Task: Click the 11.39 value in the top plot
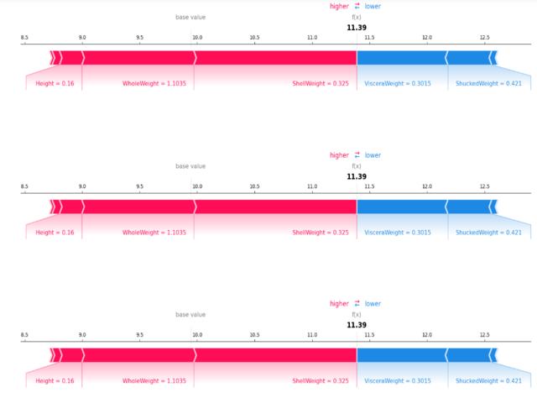coord(357,28)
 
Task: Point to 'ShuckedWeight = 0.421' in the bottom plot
coord(488,381)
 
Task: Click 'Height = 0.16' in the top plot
coord(55,84)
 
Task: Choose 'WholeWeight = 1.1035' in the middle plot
coord(154,233)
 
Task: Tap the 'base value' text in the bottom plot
coord(190,315)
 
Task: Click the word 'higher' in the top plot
coord(339,7)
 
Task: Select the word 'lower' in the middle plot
coord(373,155)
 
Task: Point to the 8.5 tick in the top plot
coord(24,39)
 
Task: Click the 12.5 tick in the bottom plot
coord(484,336)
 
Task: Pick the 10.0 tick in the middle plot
coord(196,187)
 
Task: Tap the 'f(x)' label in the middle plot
coord(357,166)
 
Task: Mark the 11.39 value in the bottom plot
coord(357,325)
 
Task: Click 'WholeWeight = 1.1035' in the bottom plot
coord(154,381)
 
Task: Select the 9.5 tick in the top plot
coord(139,39)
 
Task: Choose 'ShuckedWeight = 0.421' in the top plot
coord(488,84)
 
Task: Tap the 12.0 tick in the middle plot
coord(427,187)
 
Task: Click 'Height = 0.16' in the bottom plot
coord(55,381)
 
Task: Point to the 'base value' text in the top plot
coord(190,18)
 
